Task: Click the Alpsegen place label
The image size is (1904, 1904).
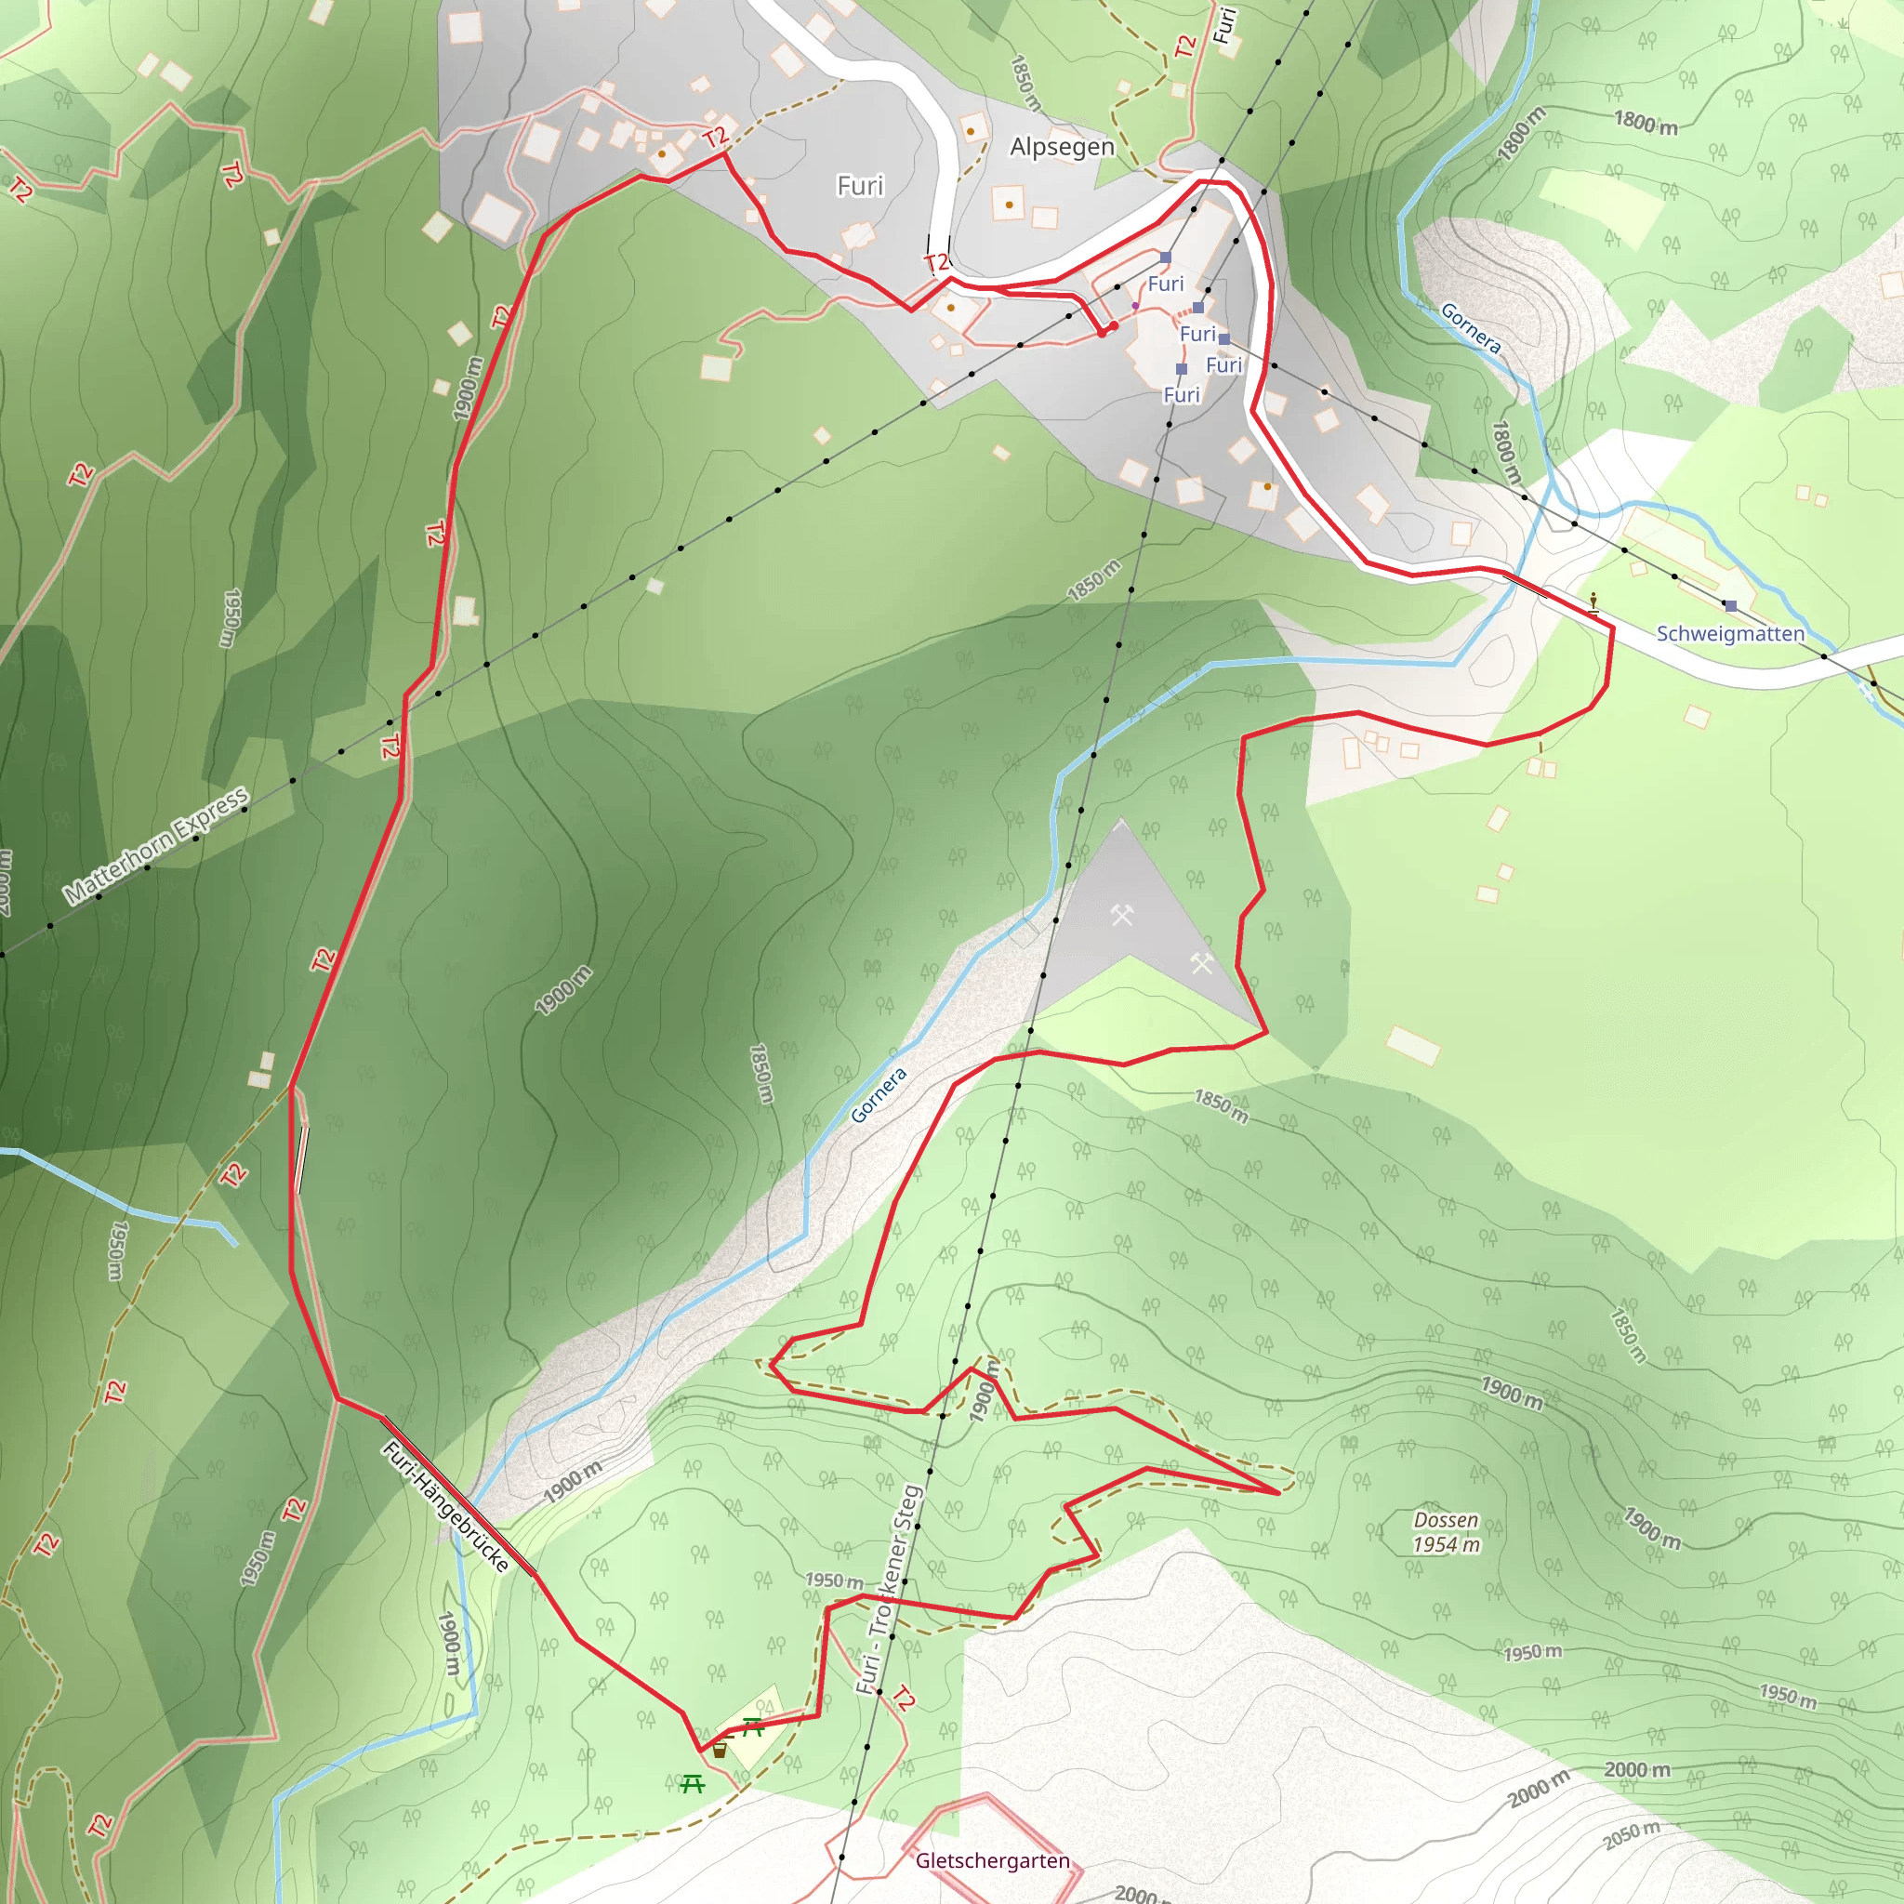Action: coord(1062,148)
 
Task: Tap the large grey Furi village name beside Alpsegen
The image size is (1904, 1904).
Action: coord(859,186)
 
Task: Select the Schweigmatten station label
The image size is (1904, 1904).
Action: coord(1729,634)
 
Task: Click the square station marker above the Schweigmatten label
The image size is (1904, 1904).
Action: coord(1730,606)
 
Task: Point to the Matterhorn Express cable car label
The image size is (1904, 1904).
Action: coord(155,846)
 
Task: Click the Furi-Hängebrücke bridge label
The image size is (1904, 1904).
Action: coord(446,1507)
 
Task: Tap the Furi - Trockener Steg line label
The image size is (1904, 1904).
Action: coord(889,1590)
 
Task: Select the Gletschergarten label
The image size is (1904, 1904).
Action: coord(991,1860)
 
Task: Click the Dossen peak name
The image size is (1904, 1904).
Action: coord(1445,1520)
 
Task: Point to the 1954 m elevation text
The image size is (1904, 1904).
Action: coord(1445,1545)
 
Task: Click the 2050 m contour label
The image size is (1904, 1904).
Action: coord(1631,1836)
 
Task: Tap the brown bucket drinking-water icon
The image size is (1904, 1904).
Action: coord(720,1751)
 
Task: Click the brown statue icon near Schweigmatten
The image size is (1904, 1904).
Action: coord(1593,601)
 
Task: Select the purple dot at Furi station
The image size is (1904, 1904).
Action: coord(1135,307)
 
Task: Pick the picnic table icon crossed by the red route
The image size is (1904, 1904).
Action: coord(753,1725)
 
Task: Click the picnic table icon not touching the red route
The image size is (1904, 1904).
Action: coord(692,1784)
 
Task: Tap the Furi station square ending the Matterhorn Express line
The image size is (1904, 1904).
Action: coord(1166,258)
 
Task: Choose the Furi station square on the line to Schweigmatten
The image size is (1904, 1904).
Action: coord(1224,339)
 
